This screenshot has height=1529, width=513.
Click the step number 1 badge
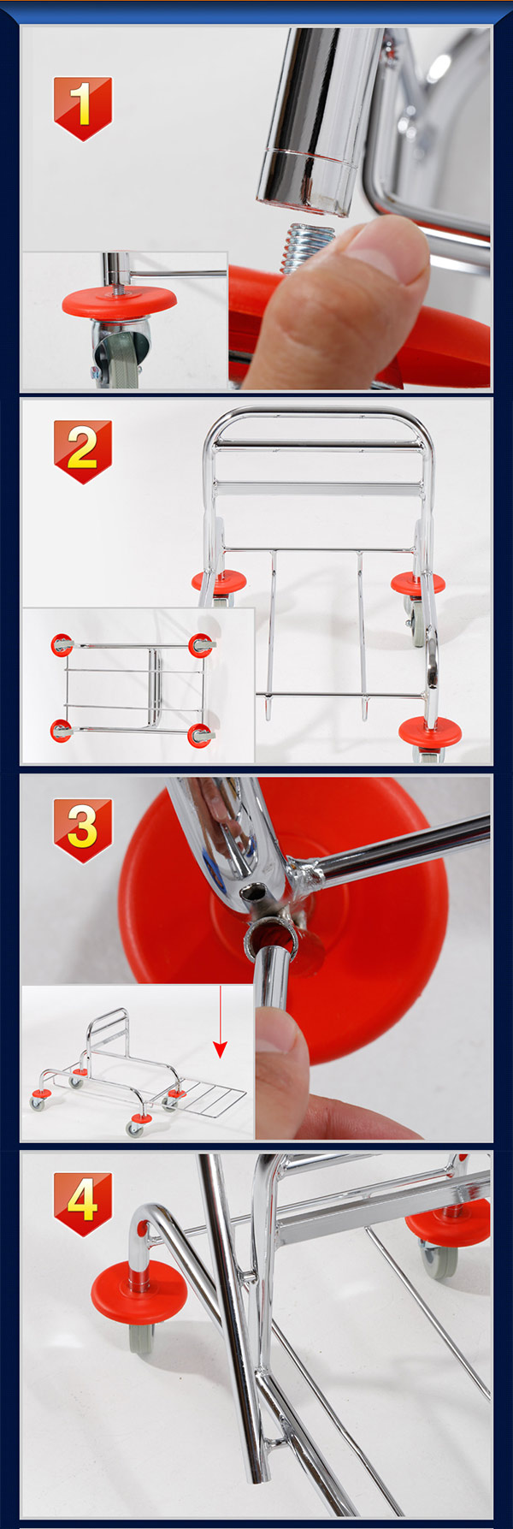point(83,107)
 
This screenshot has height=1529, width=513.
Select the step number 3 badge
point(83,829)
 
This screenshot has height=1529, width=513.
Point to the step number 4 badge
point(83,1203)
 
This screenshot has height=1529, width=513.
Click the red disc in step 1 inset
point(119,299)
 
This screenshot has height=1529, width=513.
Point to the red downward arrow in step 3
point(221,1022)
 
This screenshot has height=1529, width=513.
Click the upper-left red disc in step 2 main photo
point(218,581)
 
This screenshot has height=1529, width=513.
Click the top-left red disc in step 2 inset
point(61,644)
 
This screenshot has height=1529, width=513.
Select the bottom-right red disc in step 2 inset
point(201,734)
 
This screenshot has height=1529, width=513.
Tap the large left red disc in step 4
point(139,1295)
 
